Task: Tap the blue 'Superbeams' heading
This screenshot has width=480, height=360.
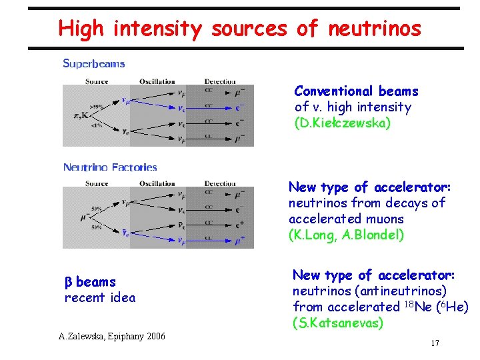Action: (x=94, y=64)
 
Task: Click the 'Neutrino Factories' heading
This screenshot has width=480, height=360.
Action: (x=110, y=167)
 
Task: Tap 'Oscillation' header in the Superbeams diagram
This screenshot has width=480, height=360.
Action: (x=158, y=81)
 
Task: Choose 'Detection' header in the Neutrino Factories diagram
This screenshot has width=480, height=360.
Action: (x=220, y=183)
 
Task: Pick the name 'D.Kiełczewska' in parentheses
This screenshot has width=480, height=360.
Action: (x=343, y=123)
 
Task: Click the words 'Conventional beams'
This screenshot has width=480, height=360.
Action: (x=356, y=91)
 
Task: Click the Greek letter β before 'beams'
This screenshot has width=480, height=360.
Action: (x=68, y=283)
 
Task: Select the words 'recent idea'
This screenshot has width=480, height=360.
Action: (x=99, y=297)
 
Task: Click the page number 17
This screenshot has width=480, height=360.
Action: (x=435, y=343)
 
